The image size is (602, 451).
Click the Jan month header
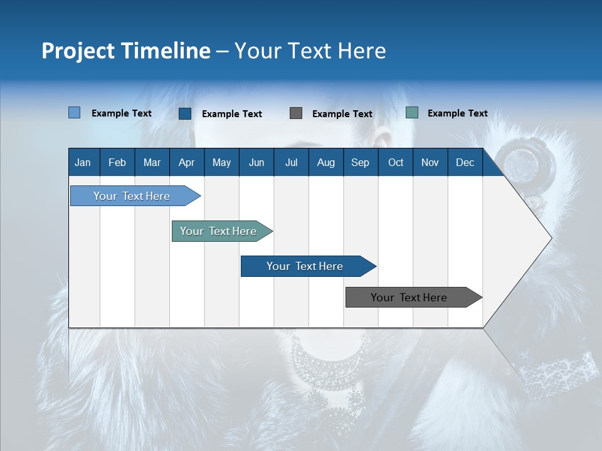click(83, 163)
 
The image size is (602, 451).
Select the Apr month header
click(186, 163)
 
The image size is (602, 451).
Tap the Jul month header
click(291, 163)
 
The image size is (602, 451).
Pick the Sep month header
click(360, 163)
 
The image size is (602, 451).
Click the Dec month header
click(465, 163)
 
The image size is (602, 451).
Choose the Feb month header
click(117, 163)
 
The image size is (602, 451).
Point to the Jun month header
click(256, 163)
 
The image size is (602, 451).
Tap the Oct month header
click(396, 163)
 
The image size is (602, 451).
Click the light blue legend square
click(74, 113)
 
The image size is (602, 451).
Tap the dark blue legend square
click(185, 113)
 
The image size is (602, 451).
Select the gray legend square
click(296, 113)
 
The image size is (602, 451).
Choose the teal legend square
click(412, 113)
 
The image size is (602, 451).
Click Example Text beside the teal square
click(457, 113)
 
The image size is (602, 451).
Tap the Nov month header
click(430, 163)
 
